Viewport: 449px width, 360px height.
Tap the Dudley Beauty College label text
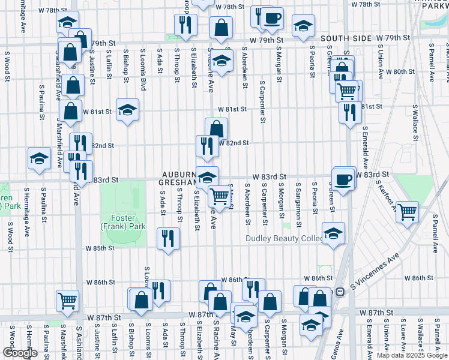click(x=284, y=239)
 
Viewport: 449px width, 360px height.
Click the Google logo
click(x=20, y=353)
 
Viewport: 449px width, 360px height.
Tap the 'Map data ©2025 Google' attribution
click(x=412, y=355)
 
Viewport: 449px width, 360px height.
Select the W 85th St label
click(x=100, y=248)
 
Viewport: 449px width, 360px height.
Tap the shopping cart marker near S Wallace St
click(x=407, y=212)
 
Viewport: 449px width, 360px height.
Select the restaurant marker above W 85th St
click(x=168, y=238)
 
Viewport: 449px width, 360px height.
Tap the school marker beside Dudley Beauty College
click(x=333, y=232)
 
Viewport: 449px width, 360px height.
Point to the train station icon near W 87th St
click(x=339, y=292)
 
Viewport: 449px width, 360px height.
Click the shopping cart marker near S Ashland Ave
click(x=67, y=300)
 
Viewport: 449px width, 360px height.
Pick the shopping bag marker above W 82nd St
click(x=216, y=128)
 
